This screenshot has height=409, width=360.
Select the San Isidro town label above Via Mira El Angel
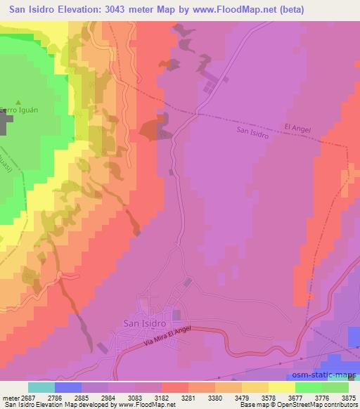pos(144,323)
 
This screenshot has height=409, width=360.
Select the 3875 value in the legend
pos(349,398)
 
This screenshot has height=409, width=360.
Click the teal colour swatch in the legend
pos(41,387)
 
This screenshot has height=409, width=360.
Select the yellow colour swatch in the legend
pos(281,387)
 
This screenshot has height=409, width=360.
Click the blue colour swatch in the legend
pos(68,387)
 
